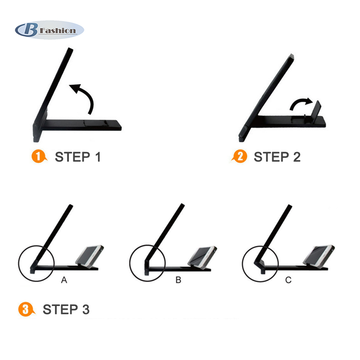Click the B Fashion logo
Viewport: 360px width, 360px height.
click(x=49, y=30)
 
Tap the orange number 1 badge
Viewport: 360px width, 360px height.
click(x=39, y=157)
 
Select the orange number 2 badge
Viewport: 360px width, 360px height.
click(x=239, y=157)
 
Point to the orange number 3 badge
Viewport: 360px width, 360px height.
click(x=27, y=309)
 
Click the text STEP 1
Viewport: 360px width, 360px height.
click(x=78, y=157)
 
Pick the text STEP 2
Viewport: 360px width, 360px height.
click(x=277, y=157)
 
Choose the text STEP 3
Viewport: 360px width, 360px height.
click(x=66, y=310)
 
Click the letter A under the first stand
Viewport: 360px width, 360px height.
click(x=64, y=280)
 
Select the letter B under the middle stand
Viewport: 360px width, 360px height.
click(x=178, y=280)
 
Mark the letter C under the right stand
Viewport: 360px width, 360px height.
click(x=288, y=280)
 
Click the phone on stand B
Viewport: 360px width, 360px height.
click(x=202, y=257)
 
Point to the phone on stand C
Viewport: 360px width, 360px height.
click(x=319, y=256)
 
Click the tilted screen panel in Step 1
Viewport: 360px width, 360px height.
click(x=53, y=94)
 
